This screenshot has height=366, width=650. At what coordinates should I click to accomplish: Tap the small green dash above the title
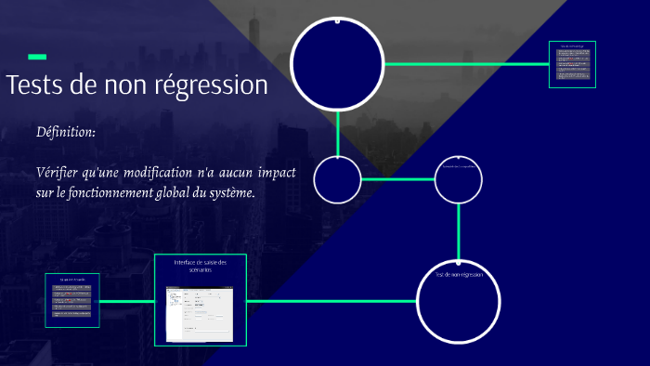(37, 56)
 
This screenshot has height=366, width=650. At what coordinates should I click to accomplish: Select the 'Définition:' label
(65, 133)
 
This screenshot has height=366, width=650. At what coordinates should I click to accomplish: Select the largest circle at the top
(337, 63)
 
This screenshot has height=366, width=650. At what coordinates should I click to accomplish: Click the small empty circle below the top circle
(337, 179)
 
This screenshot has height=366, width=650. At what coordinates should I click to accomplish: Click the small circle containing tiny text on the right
(458, 179)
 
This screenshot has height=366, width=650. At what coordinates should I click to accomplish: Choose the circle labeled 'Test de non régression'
(459, 301)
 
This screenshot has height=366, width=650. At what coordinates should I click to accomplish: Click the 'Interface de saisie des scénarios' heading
(200, 266)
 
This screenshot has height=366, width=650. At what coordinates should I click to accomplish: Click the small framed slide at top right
(572, 64)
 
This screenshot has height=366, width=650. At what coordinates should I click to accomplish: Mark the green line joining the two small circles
(397, 179)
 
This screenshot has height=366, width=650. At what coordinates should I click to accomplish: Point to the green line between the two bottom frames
(125, 301)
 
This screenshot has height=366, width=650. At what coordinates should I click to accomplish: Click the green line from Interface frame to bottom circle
(330, 301)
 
